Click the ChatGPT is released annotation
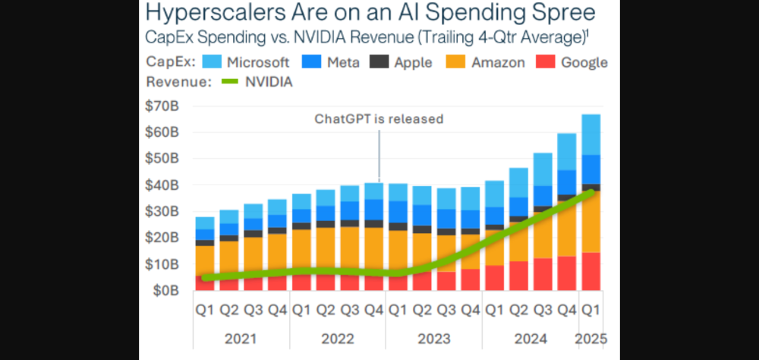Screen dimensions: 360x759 (379, 118)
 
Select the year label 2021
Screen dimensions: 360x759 (242, 338)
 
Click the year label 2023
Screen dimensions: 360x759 (433, 338)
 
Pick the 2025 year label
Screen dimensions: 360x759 (591, 338)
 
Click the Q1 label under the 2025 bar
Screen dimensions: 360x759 (591, 310)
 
